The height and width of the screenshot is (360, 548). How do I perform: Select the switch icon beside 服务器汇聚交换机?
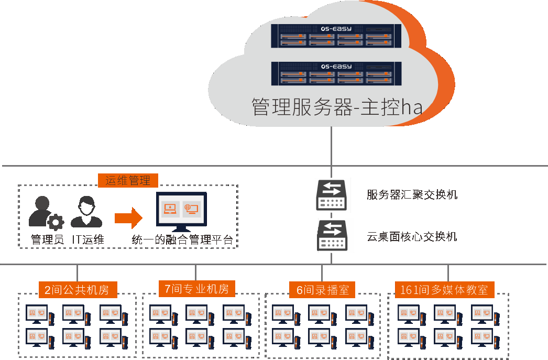tap(331, 195)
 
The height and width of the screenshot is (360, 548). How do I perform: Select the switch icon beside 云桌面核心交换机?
tap(331, 236)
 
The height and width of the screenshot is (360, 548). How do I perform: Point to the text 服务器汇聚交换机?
tap(412, 195)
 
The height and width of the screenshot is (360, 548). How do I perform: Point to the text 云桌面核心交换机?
tap(412, 237)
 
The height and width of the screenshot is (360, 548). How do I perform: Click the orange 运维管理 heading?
tap(128, 181)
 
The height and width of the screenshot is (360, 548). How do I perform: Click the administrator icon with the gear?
tap(45, 213)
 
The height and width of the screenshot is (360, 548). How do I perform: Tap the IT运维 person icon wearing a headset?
tap(86, 212)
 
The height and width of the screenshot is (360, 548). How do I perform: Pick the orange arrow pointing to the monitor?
tap(128, 216)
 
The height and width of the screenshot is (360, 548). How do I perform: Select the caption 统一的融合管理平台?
tap(182, 241)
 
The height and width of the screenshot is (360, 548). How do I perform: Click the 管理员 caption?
tap(47, 241)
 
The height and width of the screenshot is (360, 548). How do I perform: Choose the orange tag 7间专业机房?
tap(196, 288)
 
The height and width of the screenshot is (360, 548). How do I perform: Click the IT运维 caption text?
tap(88, 241)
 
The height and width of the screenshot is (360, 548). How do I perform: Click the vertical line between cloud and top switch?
tap(331, 149)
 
